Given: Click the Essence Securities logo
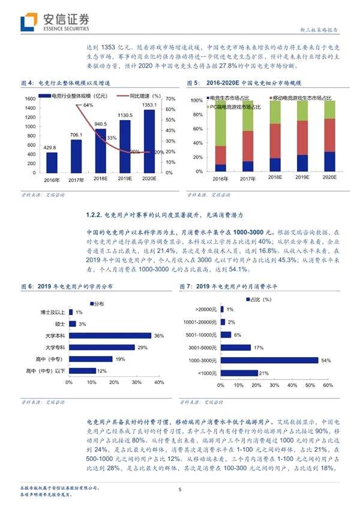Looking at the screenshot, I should (x=55, y=22).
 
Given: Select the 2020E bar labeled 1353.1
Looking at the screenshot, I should (x=149, y=141).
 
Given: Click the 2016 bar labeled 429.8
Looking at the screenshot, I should (x=52, y=161).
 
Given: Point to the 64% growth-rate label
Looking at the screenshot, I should (x=88, y=105).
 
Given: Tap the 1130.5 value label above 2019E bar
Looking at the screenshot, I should (x=124, y=115).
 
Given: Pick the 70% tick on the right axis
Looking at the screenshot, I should (x=170, y=98).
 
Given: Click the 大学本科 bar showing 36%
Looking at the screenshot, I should (x=110, y=336).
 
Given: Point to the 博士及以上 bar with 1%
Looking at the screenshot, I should (x=71, y=313).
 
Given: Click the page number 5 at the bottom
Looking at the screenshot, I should (x=180, y=490).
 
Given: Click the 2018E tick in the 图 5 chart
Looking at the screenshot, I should (x=275, y=178).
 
